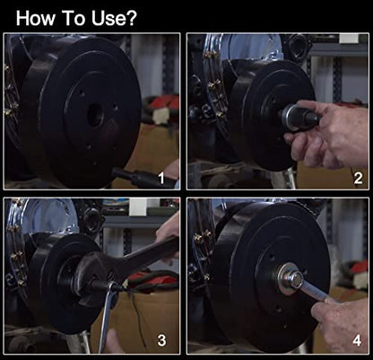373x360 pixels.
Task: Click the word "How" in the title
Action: [x=35, y=18]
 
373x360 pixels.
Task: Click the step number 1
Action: [x=161, y=179]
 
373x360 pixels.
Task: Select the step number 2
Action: [x=358, y=179]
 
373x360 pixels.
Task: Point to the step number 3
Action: [x=161, y=340]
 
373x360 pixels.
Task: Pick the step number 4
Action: [x=357, y=340]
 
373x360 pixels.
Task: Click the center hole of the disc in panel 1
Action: [x=96, y=115]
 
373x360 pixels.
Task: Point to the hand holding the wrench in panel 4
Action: [x=341, y=323]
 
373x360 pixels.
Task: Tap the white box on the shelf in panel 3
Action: [x=137, y=206]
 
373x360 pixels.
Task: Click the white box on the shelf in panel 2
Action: [x=349, y=39]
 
